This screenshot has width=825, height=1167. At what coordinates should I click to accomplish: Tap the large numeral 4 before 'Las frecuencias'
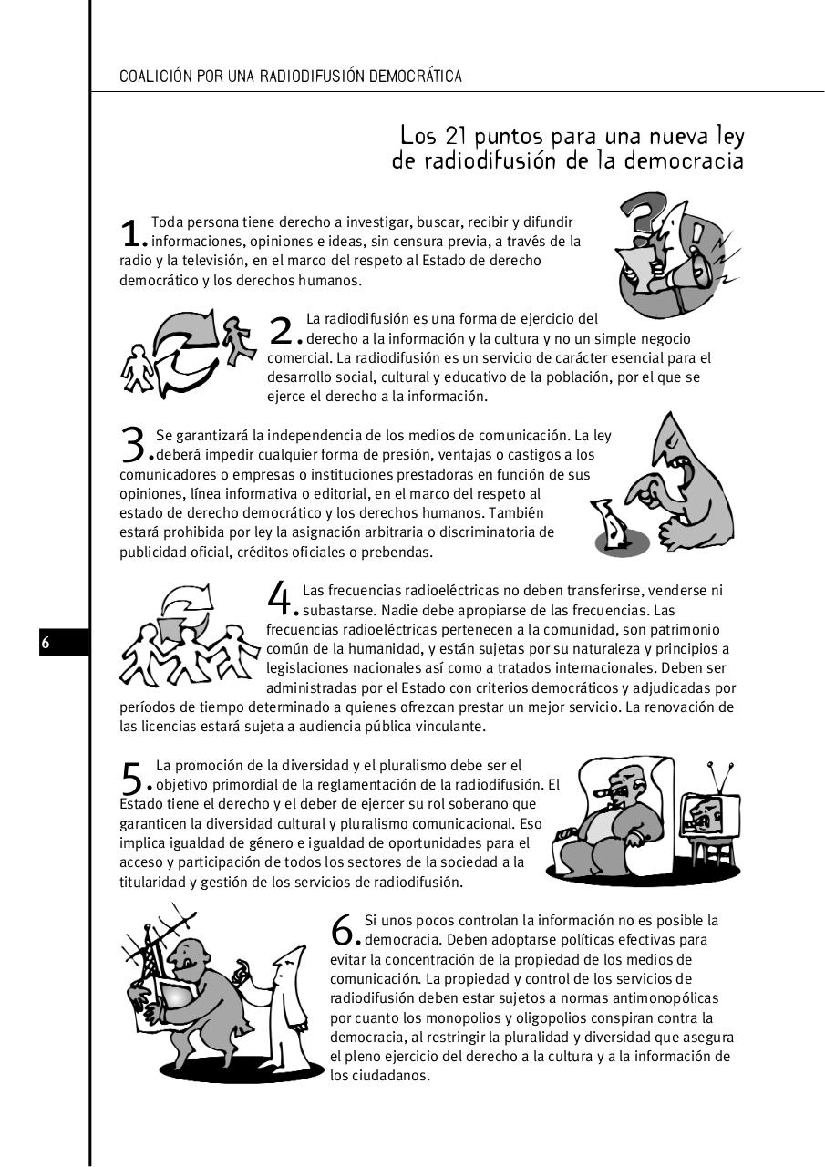[x=279, y=598]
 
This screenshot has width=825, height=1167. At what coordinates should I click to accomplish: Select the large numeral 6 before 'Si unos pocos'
[x=343, y=929]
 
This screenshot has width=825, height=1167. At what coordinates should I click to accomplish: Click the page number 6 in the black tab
[x=46, y=643]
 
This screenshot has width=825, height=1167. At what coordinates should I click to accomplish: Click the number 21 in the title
[x=457, y=137]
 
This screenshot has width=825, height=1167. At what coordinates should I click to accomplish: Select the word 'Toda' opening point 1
[x=166, y=222]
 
